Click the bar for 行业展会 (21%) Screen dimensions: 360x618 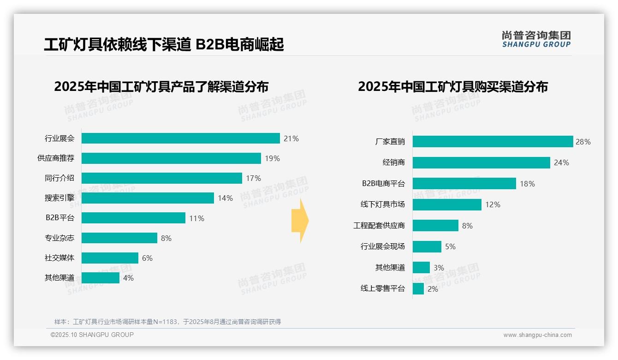181,138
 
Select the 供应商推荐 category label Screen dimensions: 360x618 56,158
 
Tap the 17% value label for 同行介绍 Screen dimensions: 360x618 253,178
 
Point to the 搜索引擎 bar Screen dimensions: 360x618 148,198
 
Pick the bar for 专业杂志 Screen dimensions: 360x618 119,238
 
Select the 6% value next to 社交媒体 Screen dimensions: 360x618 147,258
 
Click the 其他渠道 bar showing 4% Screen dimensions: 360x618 101,278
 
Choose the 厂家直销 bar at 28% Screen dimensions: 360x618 493,142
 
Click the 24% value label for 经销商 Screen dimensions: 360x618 561,162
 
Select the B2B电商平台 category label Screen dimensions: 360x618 383,184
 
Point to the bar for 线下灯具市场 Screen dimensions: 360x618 447,204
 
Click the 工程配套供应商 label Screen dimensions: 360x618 379,226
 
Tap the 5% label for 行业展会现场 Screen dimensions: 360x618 450,247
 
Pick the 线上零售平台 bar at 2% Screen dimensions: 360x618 418,289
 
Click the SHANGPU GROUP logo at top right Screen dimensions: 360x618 536,39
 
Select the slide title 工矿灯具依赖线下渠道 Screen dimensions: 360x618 164,44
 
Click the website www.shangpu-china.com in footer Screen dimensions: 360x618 537,335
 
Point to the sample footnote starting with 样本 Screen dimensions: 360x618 167,322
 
